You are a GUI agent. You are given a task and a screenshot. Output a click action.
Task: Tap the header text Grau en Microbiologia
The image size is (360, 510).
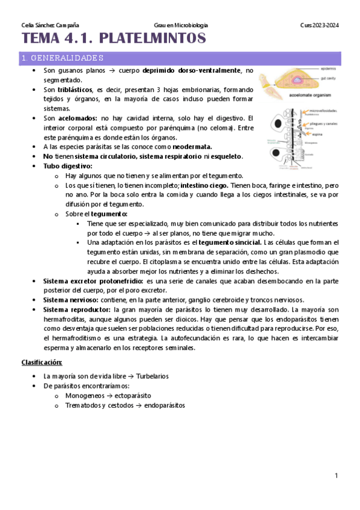[x=181, y=25]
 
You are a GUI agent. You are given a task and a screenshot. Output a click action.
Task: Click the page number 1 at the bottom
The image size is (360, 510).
[x=337, y=476]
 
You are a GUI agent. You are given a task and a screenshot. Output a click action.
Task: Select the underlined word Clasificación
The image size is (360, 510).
[x=41, y=363]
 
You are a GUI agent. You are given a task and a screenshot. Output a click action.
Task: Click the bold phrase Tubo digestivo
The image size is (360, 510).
[x=68, y=165]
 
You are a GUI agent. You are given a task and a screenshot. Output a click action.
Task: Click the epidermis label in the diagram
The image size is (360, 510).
[x=328, y=67]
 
